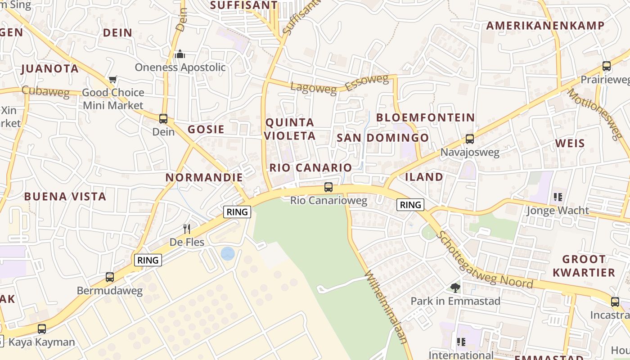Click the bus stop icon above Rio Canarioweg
(x=328, y=187)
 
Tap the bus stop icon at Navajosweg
(x=470, y=139)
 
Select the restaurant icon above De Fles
(x=187, y=229)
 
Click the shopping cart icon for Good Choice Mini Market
(x=112, y=80)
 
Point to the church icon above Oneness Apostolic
(x=180, y=54)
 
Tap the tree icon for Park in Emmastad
(x=455, y=288)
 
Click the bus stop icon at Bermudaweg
(x=110, y=277)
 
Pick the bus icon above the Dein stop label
(x=163, y=119)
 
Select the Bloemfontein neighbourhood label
(x=425, y=117)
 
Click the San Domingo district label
(x=383, y=138)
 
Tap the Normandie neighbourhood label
(x=204, y=177)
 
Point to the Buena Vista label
(x=65, y=196)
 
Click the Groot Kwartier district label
(x=584, y=265)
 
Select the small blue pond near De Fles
(x=228, y=253)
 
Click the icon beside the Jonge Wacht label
(x=558, y=197)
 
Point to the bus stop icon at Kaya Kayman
(x=42, y=329)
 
